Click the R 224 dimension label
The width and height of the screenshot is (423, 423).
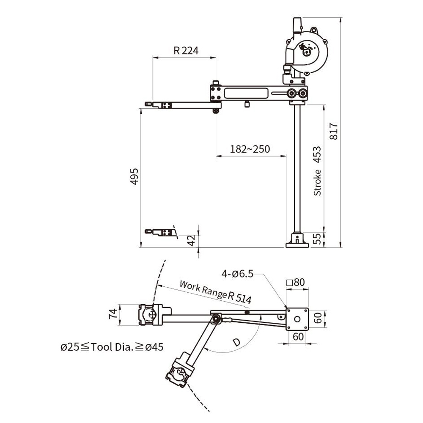(x=186, y=51)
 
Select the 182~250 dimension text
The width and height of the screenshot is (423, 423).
(x=250, y=149)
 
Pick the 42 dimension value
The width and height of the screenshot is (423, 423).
(x=191, y=240)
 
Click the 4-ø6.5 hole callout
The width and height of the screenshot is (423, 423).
(x=237, y=274)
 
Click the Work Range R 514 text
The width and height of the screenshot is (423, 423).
(x=215, y=291)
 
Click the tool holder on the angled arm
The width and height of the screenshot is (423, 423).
(x=180, y=371)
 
